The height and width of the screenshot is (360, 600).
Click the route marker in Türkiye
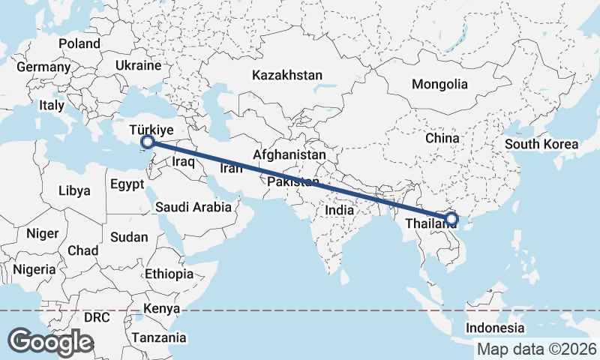(x=148, y=141)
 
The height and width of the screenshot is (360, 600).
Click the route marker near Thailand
(x=451, y=220)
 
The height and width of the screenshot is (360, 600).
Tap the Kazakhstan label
(x=287, y=75)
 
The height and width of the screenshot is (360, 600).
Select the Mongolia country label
(x=439, y=84)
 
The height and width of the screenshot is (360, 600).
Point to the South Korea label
(x=541, y=144)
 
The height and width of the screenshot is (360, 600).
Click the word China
(x=442, y=138)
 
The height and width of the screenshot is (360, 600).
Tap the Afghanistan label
(x=289, y=154)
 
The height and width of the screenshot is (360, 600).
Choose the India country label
(x=340, y=211)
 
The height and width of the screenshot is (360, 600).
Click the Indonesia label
(x=495, y=328)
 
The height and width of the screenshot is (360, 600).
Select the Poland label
(x=79, y=43)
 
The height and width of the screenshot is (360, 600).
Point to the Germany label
(x=43, y=67)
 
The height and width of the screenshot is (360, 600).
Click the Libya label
(x=75, y=190)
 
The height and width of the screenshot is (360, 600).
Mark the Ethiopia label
(x=169, y=274)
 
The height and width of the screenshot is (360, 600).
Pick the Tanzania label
(x=158, y=337)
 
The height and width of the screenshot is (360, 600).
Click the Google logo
(x=50, y=341)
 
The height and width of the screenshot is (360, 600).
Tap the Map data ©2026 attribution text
(x=537, y=349)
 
